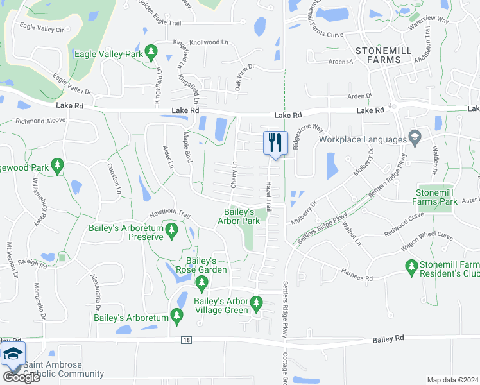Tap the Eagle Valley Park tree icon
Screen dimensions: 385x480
click(x=151, y=51)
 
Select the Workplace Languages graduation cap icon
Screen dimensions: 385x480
click(x=415, y=138)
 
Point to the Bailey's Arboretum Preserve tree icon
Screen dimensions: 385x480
click(x=171, y=230)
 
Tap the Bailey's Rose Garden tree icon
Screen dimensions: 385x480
click(x=201, y=282)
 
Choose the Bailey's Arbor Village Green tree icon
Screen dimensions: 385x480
click(x=257, y=302)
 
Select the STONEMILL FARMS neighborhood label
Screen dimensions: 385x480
click(x=379, y=55)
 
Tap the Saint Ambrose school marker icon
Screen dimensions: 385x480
click(x=13, y=354)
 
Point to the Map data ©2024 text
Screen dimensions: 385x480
click(x=452, y=380)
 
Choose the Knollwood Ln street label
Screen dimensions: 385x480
click(x=212, y=42)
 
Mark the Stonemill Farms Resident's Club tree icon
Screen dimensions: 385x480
click(x=411, y=265)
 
